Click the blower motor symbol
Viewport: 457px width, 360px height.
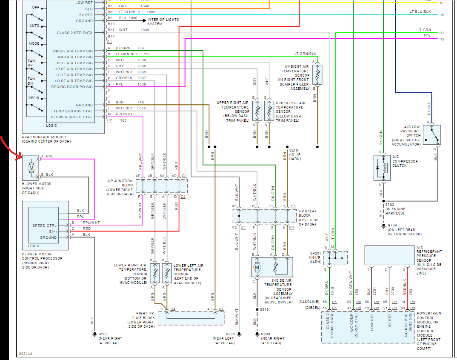[30, 168]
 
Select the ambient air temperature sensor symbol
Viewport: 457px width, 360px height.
[317, 74]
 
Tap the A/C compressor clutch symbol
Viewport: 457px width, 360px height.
[382, 168]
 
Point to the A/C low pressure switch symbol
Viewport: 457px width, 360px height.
[431, 134]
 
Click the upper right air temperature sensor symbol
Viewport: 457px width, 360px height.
[257, 111]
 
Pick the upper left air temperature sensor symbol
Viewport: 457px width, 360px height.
[269, 111]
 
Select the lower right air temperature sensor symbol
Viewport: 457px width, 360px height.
[155, 273]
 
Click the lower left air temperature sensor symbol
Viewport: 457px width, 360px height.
[167, 273]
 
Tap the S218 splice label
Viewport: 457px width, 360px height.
[294, 150]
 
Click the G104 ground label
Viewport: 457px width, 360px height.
[392, 226]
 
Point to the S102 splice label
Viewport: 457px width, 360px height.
[390, 205]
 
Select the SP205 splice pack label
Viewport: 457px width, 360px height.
[316, 253]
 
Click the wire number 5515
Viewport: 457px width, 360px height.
[142, 108]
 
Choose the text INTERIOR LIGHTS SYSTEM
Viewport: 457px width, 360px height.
[163, 22]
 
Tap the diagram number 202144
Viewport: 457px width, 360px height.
[26, 354]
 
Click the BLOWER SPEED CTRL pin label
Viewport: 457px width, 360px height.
[71, 117]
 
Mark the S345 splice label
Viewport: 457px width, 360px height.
[264, 309]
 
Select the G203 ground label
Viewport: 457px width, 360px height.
[230, 334]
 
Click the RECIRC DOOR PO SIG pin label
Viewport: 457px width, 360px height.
[71, 87]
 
